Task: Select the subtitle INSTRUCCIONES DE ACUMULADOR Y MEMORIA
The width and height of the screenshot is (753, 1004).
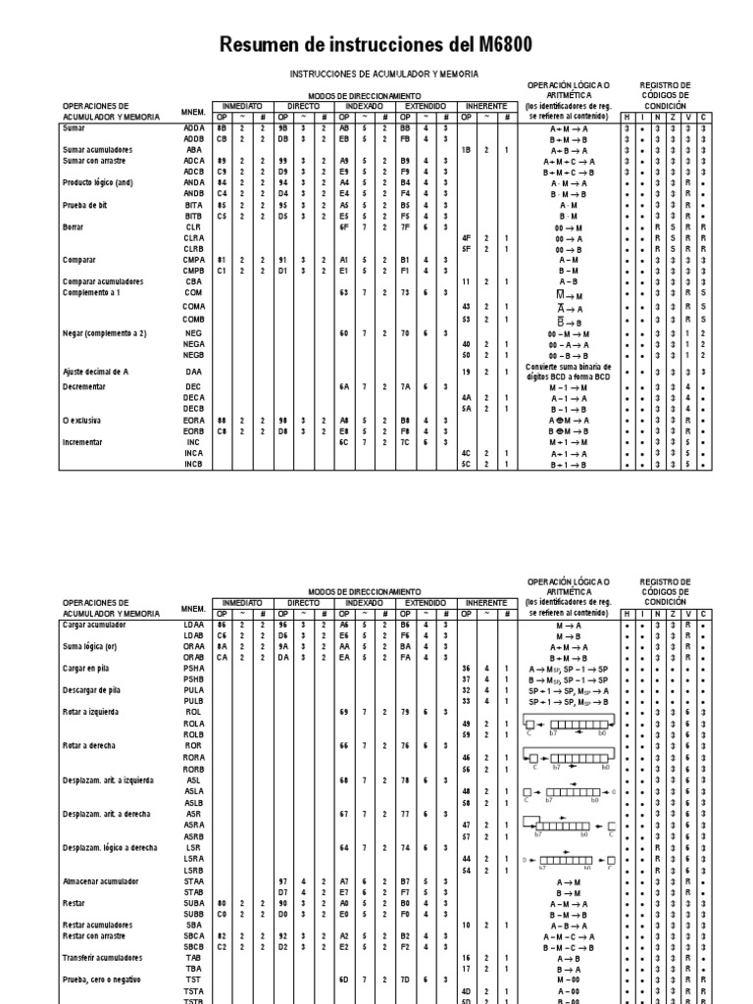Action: point(383,74)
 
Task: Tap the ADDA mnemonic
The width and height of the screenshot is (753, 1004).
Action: point(194,128)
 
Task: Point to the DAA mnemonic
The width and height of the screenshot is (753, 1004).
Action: point(194,373)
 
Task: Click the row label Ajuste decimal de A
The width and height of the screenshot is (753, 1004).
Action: point(103,373)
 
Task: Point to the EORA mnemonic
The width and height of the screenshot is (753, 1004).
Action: point(194,420)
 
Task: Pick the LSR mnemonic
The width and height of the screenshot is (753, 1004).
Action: point(194,847)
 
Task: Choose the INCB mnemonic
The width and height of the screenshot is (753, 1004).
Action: point(194,464)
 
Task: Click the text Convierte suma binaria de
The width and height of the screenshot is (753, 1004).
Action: point(568,368)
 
